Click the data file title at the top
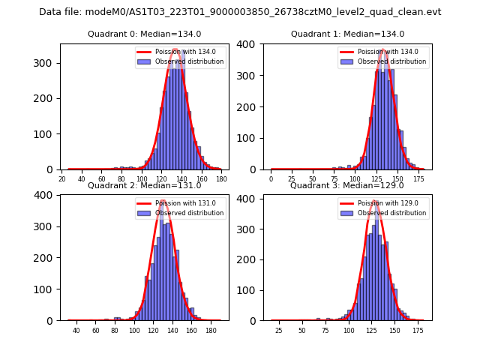click(240, 12)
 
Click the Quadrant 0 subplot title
click(144, 34)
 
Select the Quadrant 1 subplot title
click(347, 34)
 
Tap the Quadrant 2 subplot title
click(144, 185)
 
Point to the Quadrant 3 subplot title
click(347, 185)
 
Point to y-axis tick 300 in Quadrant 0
click(48, 63)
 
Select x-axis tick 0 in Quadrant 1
click(271, 180)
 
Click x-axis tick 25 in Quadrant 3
click(279, 331)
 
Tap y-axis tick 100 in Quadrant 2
click(48, 289)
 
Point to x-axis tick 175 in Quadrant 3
click(418, 331)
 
